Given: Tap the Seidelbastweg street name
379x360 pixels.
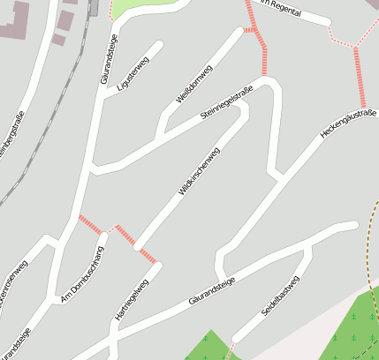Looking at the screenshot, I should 280,297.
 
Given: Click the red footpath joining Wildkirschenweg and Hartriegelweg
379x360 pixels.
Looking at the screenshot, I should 136,245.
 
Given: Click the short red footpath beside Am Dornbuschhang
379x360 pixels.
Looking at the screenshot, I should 91,224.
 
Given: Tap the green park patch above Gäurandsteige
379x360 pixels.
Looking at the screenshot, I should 141,8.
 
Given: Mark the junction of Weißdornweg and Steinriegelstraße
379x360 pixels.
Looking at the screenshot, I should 160,138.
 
